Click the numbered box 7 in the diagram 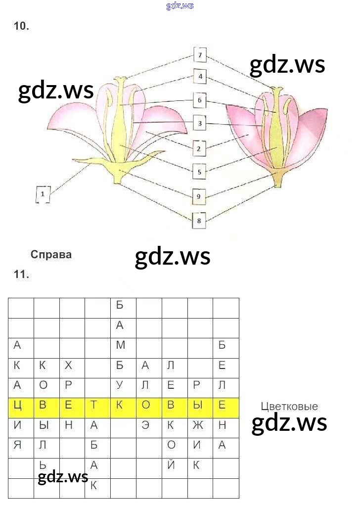coord(200,55)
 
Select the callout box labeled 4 coord(200,77)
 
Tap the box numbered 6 coord(200,100)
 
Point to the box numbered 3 coord(200,123)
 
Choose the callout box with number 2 coord(199,147)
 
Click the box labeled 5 coord(199,172)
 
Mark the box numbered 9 coord(198,196)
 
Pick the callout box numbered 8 coord(199,220)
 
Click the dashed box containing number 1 coord(43,194)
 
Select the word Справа coord(51,255)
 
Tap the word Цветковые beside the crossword coord(289,407)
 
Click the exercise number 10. coord(22,27)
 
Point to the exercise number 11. coord(22,275)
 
